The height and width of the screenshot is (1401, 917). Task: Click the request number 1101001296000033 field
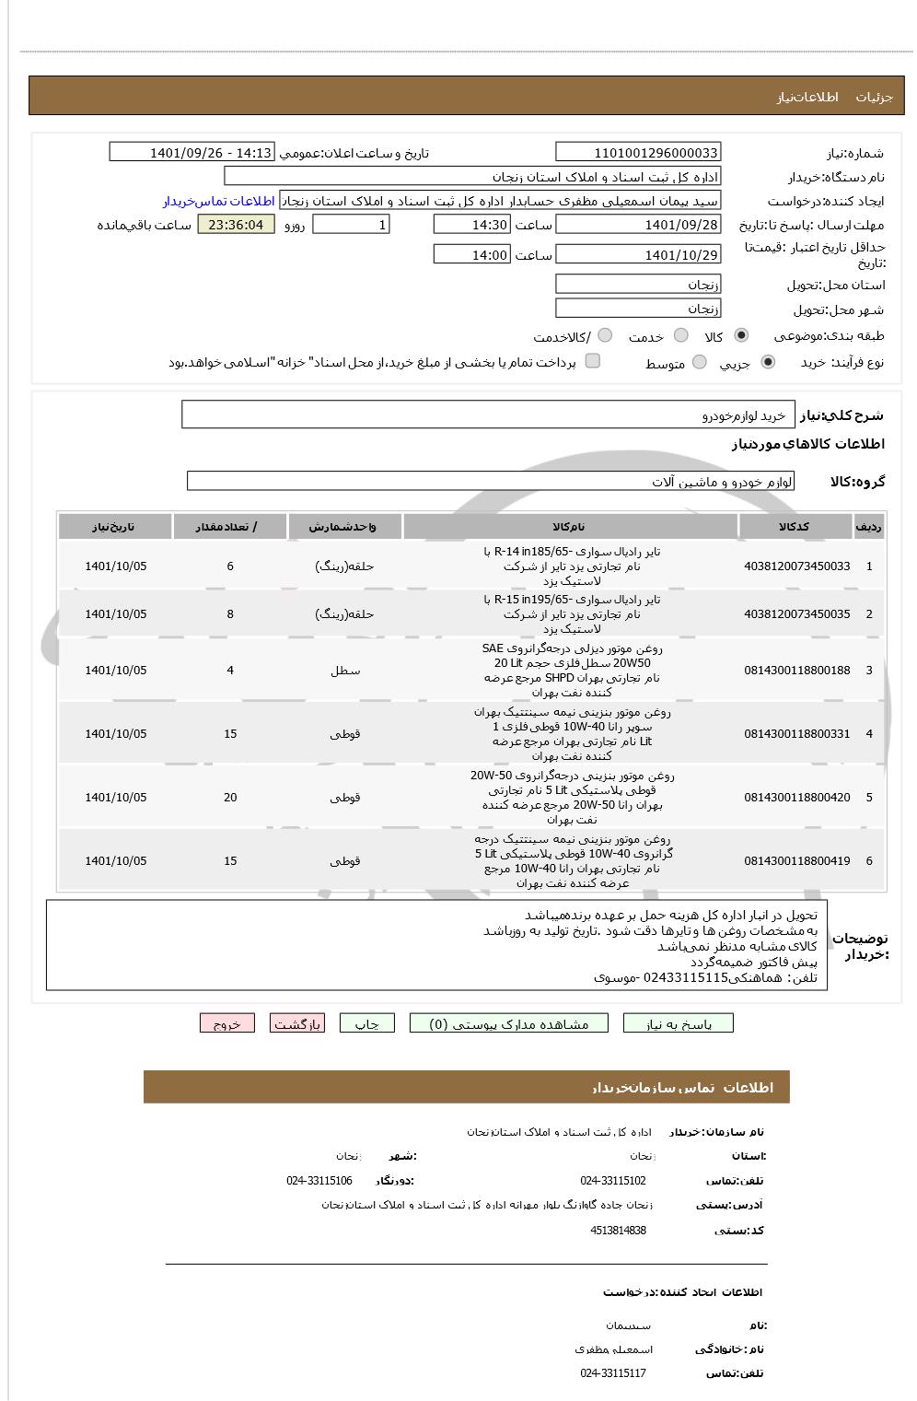(638, 153)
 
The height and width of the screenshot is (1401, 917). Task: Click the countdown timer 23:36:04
(236, 225)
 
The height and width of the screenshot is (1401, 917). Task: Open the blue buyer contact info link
(219, 201)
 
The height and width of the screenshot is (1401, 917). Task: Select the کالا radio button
(741, 336)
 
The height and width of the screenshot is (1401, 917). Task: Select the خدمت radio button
(681, 336)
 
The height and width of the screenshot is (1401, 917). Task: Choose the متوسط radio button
(700, 363)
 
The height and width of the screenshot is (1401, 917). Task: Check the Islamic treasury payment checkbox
(593, 361)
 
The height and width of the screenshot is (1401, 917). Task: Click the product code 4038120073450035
(796, 614)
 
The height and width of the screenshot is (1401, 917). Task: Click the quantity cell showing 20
(230, 798)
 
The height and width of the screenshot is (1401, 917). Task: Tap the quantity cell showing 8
(230, 614)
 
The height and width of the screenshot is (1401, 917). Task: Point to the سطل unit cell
(345, 671)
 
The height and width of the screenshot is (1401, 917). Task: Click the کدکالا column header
(794, 527)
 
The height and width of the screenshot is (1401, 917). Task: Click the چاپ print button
(366, 1023)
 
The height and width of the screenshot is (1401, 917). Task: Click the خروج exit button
(226, 1023)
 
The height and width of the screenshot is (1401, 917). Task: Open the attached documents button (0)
(509, 1023)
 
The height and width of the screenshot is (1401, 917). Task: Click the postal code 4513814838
(618, 1231)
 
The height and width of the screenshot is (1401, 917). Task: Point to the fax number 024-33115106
(319, 1181)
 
